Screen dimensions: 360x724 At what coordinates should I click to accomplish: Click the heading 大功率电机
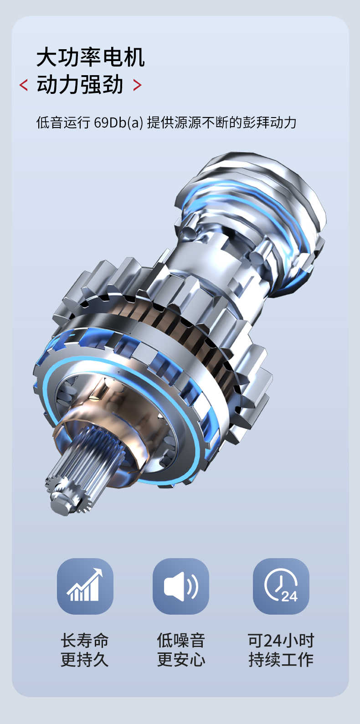click(x=91, y=57)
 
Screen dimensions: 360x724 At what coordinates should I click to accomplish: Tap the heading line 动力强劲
click(x=80, y=84)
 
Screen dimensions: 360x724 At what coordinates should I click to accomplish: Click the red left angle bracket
click(x=23, y=85)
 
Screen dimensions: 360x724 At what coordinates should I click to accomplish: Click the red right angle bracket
click(x=137, y=85)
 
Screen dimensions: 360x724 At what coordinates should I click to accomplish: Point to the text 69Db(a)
click(x=118, y=123)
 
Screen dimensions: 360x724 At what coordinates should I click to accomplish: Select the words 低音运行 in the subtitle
click(x=63, y=123)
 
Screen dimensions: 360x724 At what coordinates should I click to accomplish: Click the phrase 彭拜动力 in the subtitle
click(x=269, y=123)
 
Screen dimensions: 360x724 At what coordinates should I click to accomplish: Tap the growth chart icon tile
click(x=85, y=586)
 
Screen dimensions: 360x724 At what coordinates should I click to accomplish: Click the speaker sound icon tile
click(x=180, y=586)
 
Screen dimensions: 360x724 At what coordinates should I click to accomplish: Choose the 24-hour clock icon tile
click(x=281, y=586)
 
